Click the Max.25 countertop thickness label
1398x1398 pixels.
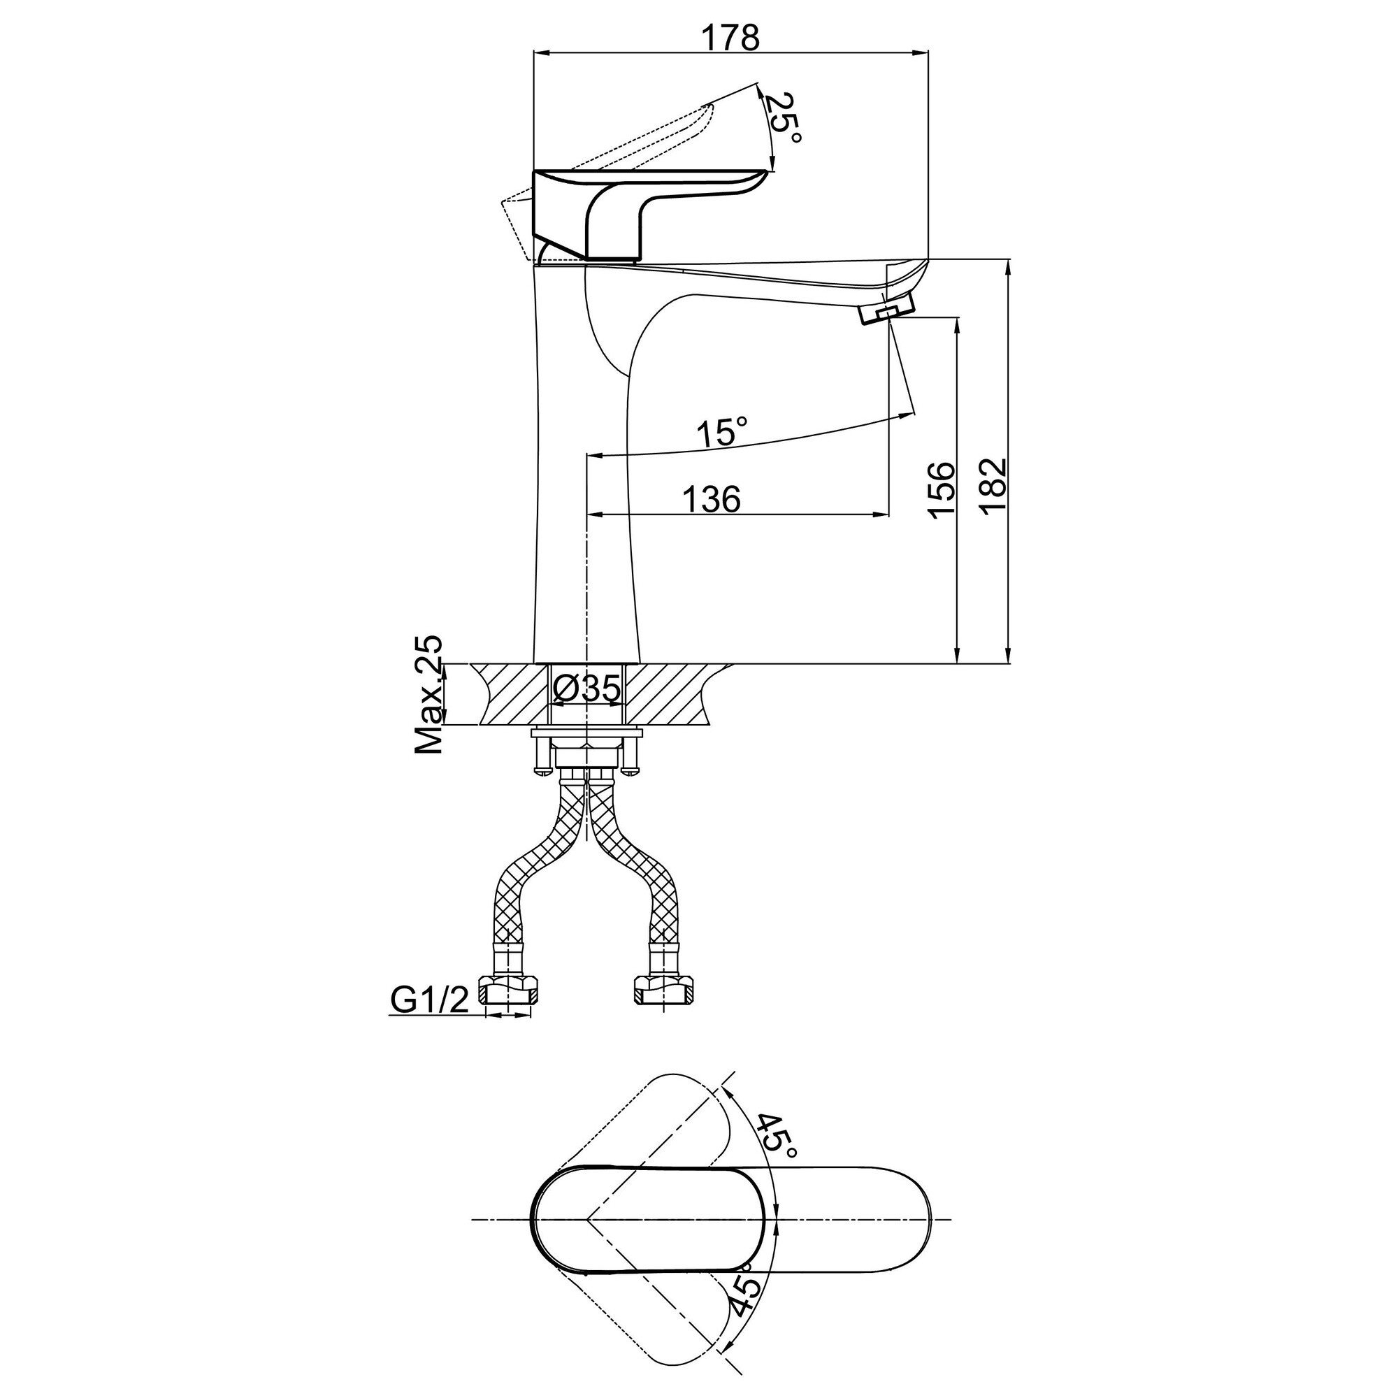pyautogui.click(x=428, y=696)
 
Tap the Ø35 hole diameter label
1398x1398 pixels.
pyautogui.click(x=586, y=687)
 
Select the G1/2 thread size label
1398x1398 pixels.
pyautogui.click(x=429, y=1001)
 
